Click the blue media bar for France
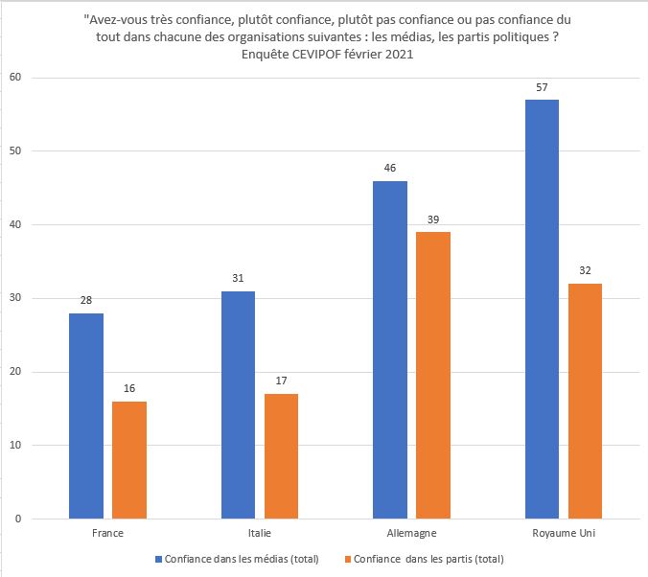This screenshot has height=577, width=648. click(86, 416)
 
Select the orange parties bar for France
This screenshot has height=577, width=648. click(129, 460)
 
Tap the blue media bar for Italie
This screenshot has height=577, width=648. click(238, 404)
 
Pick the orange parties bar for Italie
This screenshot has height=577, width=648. click(281, 456)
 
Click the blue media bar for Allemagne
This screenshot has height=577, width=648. click(390, 350)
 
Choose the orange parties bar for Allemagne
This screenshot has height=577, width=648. click(433, 376)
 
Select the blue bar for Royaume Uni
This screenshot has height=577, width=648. click(543, 309)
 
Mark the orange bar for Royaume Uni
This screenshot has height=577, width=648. click(585, 401)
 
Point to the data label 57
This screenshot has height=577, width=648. click(543, 87)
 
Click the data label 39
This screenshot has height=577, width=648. click(433, 219)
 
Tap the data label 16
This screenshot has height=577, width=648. click(129, 389)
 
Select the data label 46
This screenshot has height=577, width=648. click(390, 168)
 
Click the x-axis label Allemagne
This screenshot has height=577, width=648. click(411, 533)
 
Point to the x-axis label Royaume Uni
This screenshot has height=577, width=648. click(564, 533)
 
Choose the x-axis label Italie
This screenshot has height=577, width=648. click(260, 533)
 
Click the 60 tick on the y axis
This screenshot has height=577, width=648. click(14, 78)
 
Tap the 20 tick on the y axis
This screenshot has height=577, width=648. click(14, 372)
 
